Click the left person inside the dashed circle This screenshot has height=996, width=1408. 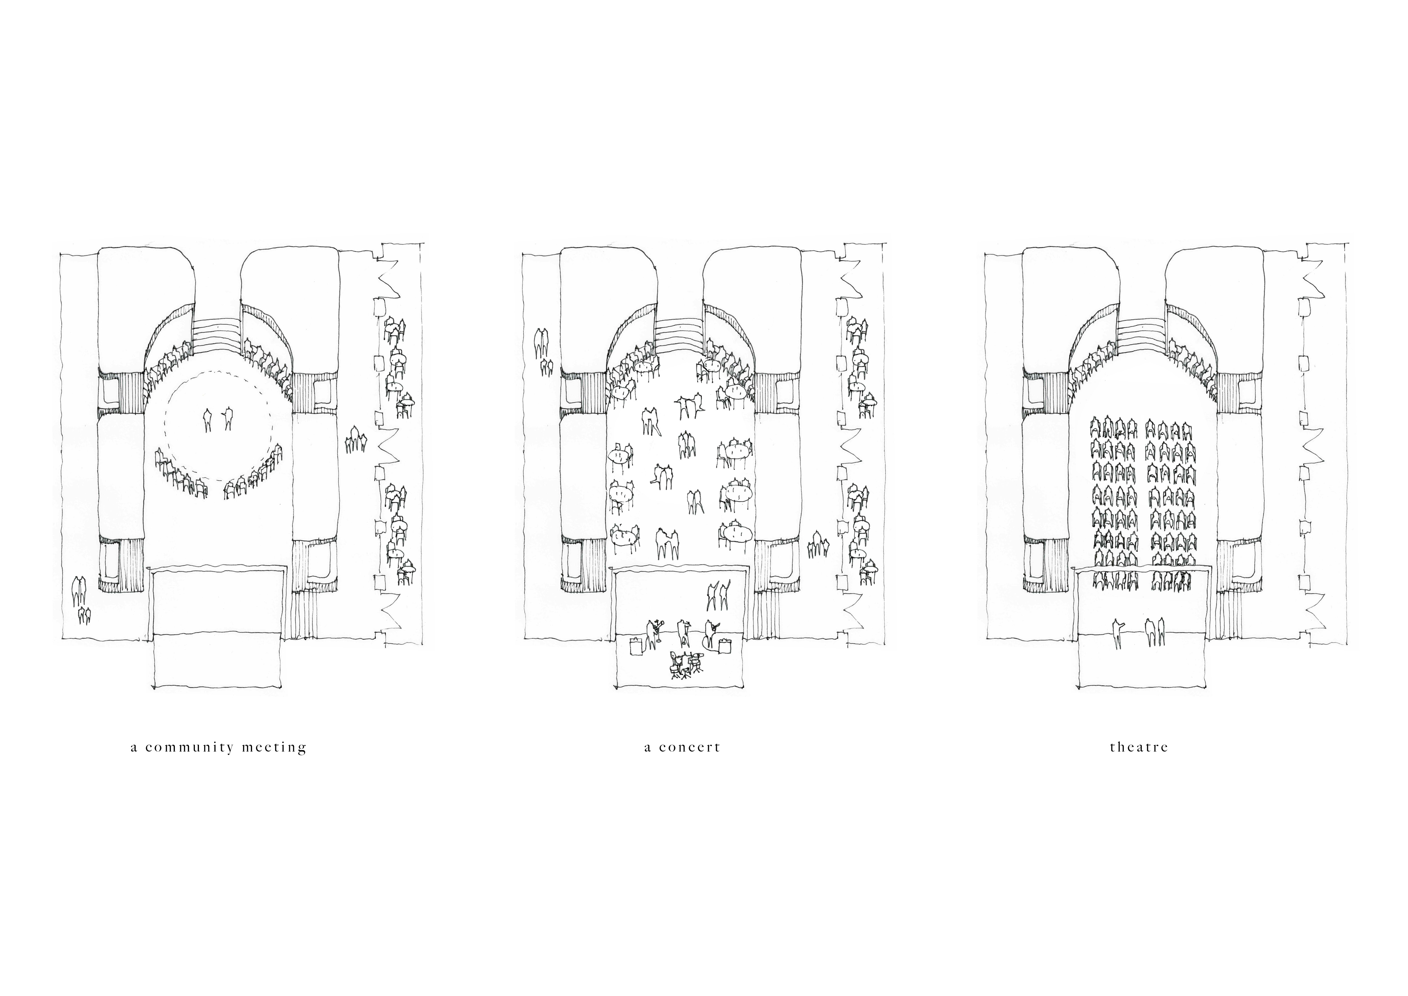coord(208,420)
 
